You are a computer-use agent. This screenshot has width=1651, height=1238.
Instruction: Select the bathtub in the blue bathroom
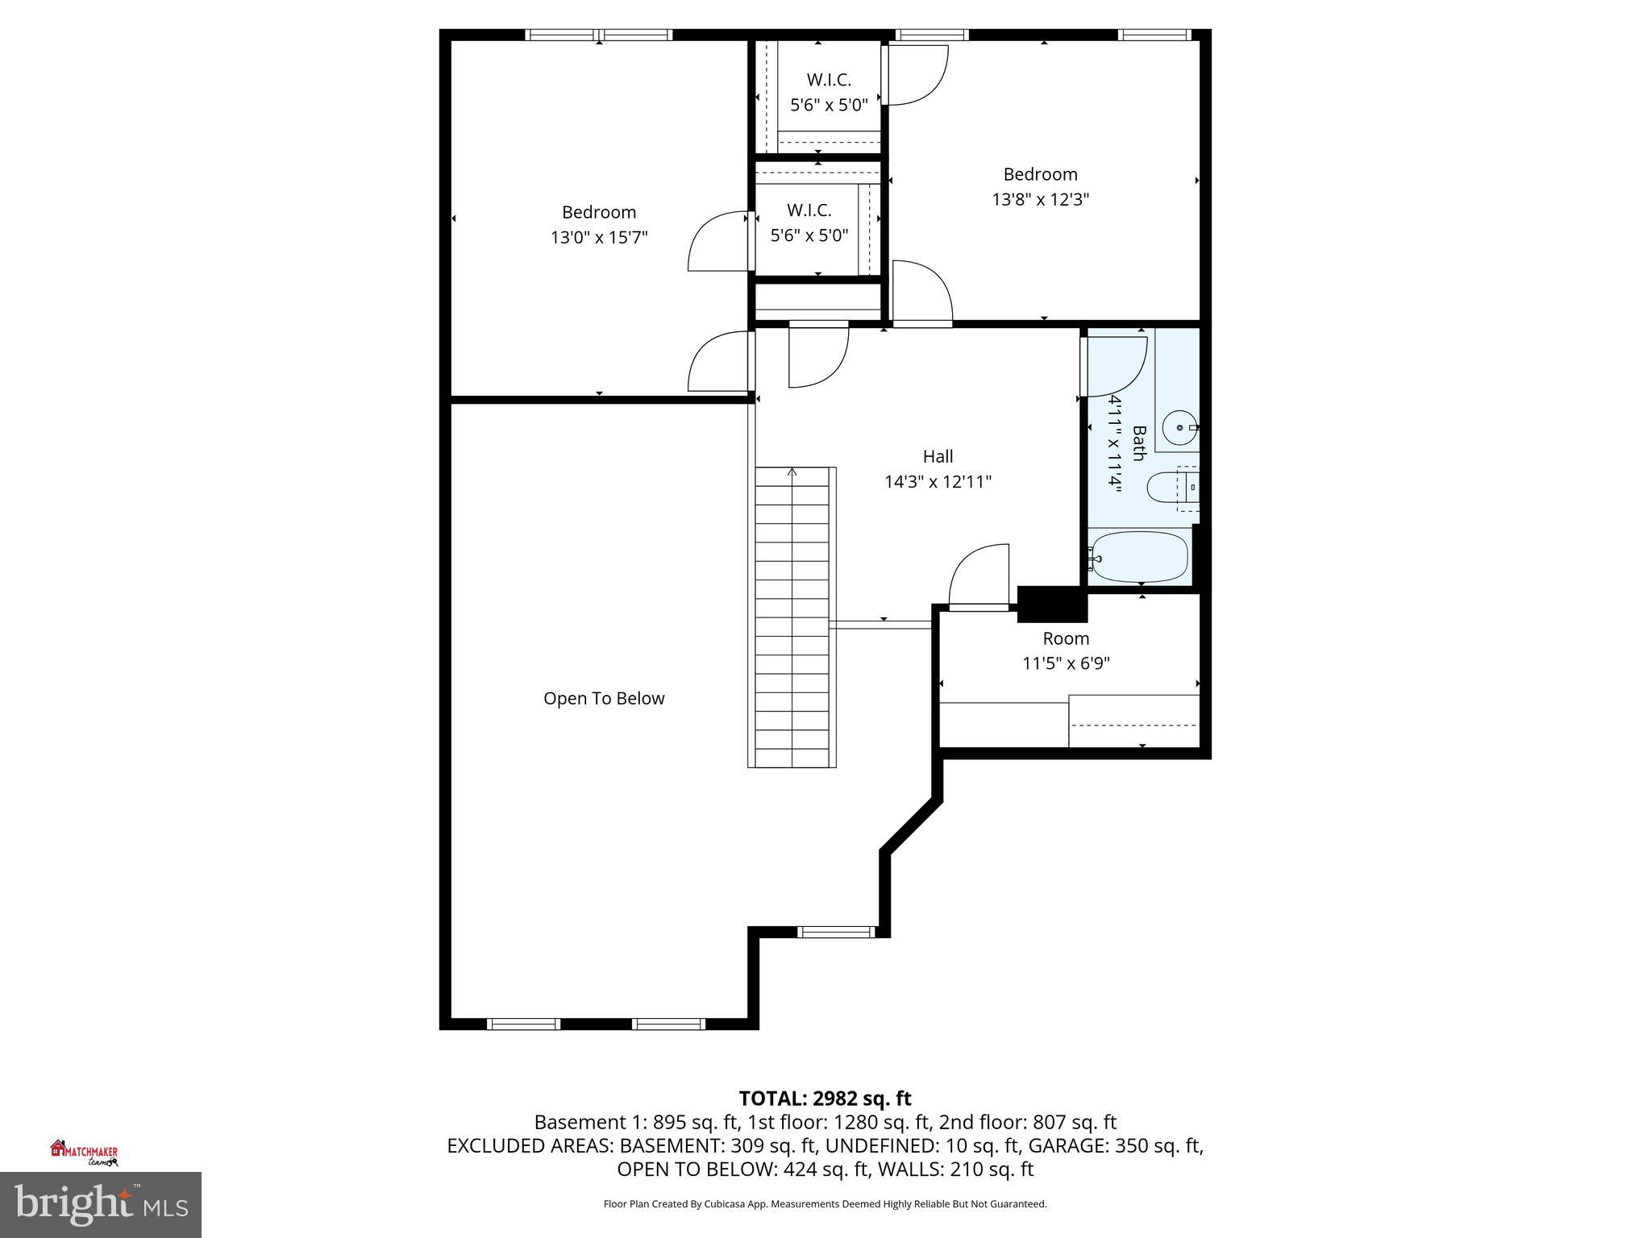pos(1138,556)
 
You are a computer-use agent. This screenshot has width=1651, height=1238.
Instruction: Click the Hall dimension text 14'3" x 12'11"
pos(938,482)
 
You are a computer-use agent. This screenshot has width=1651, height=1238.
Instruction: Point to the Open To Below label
pos(604,699)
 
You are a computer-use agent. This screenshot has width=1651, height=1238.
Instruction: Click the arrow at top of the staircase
pos(792,472)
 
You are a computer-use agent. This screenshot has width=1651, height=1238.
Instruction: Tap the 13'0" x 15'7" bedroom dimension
pos(599,238)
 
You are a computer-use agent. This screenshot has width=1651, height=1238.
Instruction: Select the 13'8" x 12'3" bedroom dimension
pos(1040,199)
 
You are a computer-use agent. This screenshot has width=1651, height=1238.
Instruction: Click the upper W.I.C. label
pos(829,80)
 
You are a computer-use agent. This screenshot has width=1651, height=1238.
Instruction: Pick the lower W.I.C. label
pos(809,210)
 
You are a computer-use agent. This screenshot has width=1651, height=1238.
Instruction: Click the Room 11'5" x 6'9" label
pos(1066,650)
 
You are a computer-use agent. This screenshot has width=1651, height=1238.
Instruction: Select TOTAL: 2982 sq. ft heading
pos(825,1099)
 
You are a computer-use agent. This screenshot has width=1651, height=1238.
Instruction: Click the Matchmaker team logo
pos(85,1153)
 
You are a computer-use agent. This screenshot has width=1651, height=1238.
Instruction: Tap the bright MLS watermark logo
pos(101,1205)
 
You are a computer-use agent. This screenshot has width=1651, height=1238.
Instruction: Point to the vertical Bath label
pos(1138,443)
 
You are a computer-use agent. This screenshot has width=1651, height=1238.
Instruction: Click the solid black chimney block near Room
pos(1051,604)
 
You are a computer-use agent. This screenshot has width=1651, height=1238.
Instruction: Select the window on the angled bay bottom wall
pos(836,933)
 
